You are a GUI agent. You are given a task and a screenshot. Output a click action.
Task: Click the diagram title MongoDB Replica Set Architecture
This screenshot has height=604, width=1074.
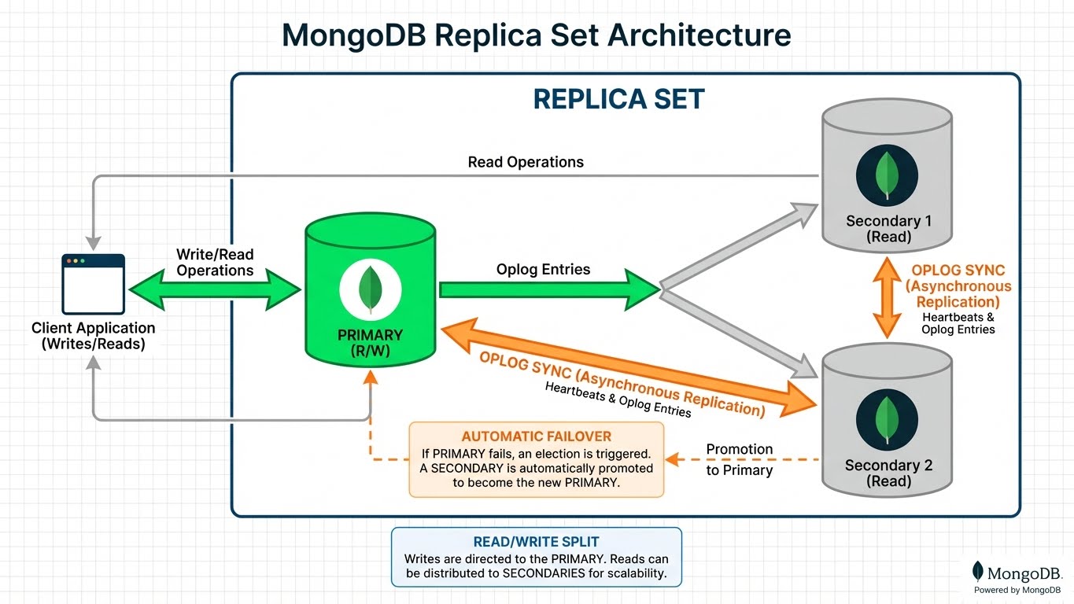point(536,36)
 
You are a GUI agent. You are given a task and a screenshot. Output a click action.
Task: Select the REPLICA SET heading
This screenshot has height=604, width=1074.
point(618,99)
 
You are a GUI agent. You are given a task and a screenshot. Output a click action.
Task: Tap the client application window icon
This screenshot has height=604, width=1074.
point(93,283)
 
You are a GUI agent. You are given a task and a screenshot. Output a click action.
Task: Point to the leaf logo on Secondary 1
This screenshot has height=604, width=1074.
point(887,175)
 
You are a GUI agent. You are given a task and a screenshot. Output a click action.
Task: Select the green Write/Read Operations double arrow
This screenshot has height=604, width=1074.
point(214,290)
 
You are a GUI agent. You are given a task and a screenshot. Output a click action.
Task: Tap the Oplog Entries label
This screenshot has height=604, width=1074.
point(543,270)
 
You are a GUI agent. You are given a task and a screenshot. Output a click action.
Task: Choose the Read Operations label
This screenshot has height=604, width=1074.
point(526,162)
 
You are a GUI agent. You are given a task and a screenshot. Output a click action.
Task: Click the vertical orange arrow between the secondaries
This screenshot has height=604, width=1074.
point(887,300)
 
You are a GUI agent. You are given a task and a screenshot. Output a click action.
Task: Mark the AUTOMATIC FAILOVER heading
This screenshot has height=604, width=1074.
point(536,436)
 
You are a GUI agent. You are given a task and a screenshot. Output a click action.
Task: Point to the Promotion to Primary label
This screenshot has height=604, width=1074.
point(739,459)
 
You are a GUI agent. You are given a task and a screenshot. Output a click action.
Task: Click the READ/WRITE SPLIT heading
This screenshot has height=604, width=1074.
point(536,542)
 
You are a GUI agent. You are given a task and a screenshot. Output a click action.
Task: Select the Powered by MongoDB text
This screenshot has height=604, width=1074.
point(1017,590)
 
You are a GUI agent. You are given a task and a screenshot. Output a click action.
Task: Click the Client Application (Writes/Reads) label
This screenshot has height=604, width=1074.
point(93,335)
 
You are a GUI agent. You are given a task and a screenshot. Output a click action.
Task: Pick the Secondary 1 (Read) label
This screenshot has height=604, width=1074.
point(888,229)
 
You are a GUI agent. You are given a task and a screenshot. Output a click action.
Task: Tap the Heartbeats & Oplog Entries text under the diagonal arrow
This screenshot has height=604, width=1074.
point(618,400)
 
